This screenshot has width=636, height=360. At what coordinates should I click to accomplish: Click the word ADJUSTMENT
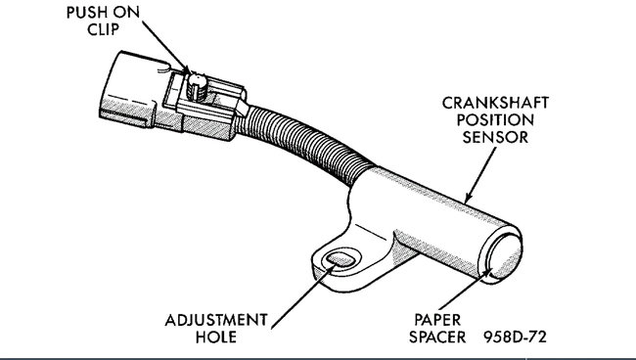click(x=216, y=320)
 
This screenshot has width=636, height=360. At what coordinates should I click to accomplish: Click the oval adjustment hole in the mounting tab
click(x=339, y=260)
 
